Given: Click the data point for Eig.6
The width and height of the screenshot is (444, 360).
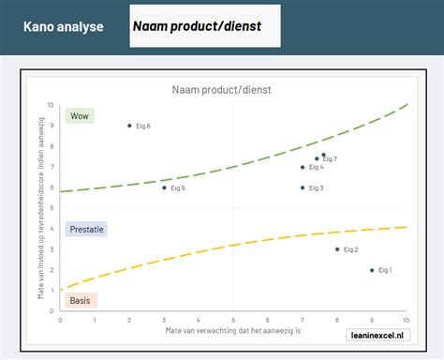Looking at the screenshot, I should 129,126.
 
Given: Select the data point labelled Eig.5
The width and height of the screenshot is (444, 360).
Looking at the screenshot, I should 164,187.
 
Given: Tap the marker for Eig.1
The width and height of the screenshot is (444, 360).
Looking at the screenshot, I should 372,270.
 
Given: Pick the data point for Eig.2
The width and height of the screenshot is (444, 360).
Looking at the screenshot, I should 337,249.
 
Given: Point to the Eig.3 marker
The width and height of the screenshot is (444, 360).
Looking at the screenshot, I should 303,187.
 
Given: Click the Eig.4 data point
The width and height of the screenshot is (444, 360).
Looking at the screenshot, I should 303,167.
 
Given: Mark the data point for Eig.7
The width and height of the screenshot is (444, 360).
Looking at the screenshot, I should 324,156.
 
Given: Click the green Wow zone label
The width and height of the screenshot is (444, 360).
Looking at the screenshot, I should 80,117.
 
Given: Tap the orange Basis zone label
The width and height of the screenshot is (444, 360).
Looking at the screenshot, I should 81,301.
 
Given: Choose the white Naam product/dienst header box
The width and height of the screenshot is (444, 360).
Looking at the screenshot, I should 204,26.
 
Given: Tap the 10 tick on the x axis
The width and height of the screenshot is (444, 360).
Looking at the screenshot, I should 406,320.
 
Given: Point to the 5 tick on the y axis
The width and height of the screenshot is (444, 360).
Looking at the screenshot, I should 52,208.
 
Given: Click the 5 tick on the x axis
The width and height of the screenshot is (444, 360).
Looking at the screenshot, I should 233,320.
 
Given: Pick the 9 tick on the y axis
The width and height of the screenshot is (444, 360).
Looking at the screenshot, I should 52,126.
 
